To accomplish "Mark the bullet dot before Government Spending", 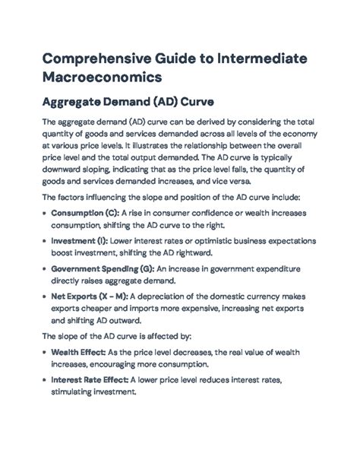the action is click(43, 268).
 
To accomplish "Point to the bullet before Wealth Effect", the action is click(43, 353).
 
